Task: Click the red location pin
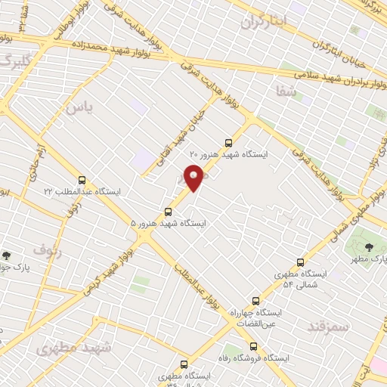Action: (x=194, y=178)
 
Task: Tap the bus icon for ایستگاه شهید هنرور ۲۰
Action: (x=229, y=141)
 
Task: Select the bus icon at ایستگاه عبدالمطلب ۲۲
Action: (x=82, y=180)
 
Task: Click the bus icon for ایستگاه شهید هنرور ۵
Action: (x=168, y=212)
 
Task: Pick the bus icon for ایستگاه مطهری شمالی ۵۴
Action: (x=300, y=262)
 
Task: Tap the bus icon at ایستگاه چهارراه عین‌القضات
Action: (x=255, y=300)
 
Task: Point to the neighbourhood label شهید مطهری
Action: (x=73, y=348)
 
